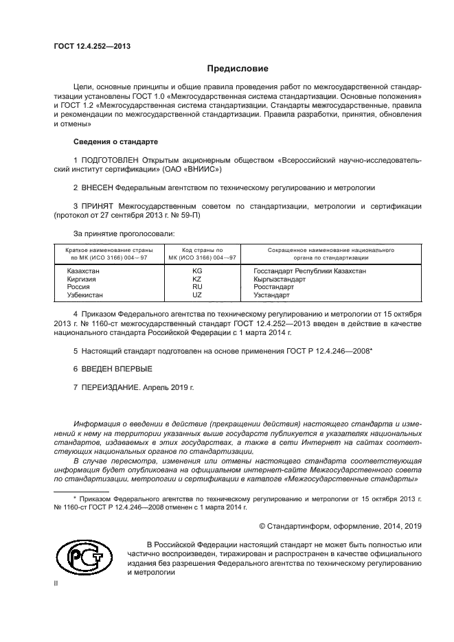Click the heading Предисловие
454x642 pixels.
pyautogui.click(x=238, y=69)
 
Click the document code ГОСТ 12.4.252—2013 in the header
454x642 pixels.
pyautogui.click(x=92, y=47)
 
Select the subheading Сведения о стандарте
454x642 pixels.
pyautogui.click(x=115, y=141)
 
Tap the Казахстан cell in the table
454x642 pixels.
pyautogui.click(x=83, y=271)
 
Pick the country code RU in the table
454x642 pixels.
pyautogui.click(x=197, y=287)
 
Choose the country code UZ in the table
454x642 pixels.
pyautogui.click(x=197, y=295)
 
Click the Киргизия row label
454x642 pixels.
pyautogui.click(x=82, y=279)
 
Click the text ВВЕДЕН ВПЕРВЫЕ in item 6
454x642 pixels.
pyautogui.click(x=106, y=369)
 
